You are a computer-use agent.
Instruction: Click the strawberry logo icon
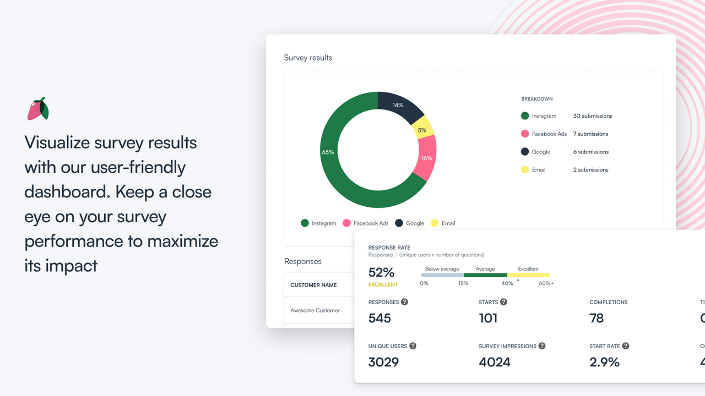point(38,109)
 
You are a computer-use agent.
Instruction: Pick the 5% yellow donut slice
point(422,130)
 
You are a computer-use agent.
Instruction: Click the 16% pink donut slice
point(426,158)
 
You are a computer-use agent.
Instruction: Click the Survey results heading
point(308,58)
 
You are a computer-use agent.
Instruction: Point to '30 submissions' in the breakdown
point(592,116)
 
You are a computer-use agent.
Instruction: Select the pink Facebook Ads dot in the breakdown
point(525,134)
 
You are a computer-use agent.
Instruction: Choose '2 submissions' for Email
point(590,170)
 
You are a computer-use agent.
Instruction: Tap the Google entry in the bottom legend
point(409,223)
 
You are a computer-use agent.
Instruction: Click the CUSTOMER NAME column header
point(313,285)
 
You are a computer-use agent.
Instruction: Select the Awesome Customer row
point(315,310)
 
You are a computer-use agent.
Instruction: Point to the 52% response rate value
point(381,272)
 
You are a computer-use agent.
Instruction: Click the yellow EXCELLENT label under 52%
point(383,285)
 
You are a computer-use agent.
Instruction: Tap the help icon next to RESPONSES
point(404,302)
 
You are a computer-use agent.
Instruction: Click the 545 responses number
point(379,318)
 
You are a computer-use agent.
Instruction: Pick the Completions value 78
point(596,318)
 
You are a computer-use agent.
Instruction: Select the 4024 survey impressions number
point(495,362)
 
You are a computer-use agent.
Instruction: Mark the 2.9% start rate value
point(604,362)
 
